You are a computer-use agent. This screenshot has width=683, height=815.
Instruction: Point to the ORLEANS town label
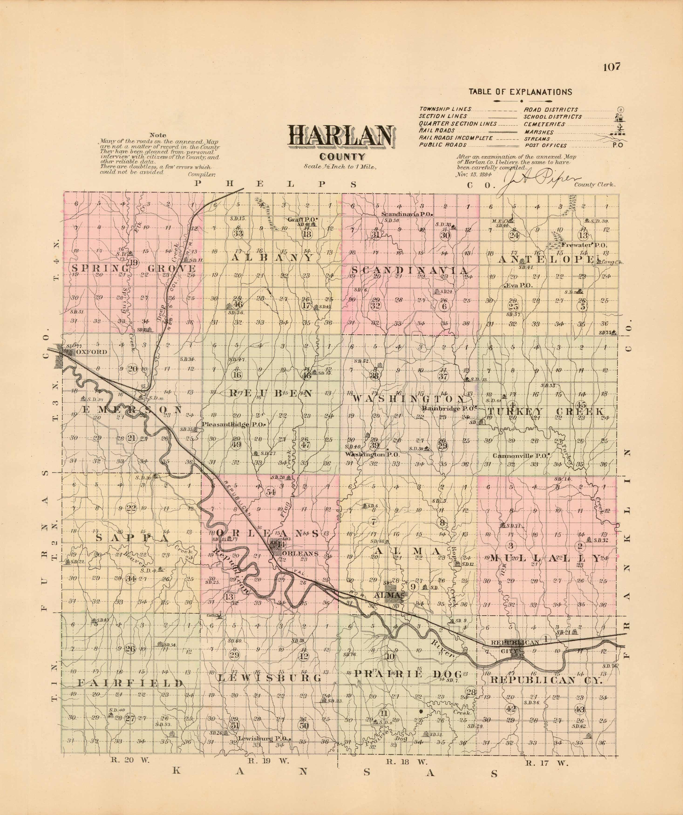click(x=297, y=554)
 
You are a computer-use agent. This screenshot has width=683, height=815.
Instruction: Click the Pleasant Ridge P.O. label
click(x=234, y=424)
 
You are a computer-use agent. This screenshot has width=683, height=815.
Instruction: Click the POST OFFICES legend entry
click(x=546, y=146)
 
